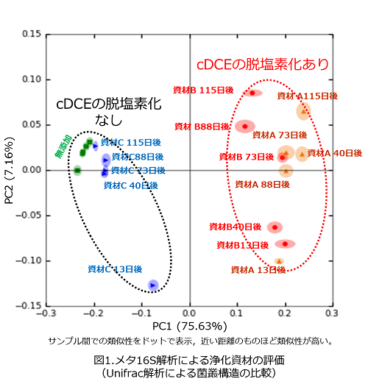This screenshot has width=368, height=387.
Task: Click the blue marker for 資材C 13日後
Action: (x=152, y=285)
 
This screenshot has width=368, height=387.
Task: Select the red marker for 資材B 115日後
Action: (x=252, y=93)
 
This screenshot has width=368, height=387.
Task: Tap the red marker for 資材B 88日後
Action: (x=245, y=126)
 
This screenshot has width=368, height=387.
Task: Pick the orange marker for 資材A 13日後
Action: (x=279, y=261)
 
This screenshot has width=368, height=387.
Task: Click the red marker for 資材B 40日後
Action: (x=274, y=227)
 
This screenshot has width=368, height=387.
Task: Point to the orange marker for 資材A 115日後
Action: (x=303, y=111)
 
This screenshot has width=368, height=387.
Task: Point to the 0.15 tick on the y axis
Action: (x=31, y=34)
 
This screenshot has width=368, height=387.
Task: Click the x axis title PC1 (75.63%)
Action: (x=189, y=326)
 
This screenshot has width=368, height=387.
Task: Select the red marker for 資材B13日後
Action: (x=285, y=244)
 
